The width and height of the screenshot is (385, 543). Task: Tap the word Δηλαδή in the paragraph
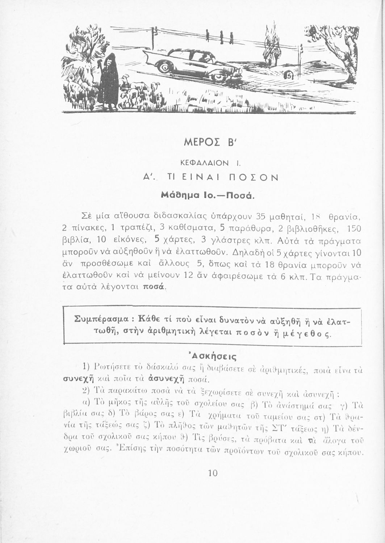tap(248, 252)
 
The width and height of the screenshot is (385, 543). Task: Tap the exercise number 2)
tap(86, 392)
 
